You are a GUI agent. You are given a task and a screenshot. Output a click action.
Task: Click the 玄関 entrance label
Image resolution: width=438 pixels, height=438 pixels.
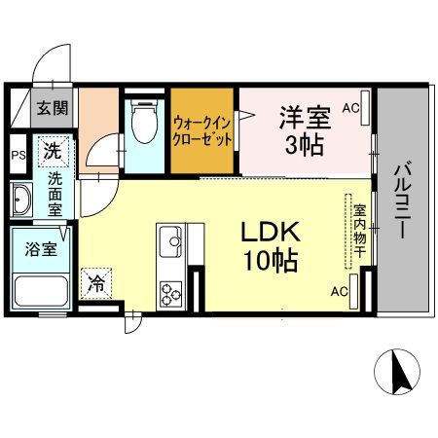pyautogui.click(x=53, y=108)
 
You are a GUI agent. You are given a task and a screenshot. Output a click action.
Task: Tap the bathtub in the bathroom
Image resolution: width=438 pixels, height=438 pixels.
pyautogui.click(x=39, y=289)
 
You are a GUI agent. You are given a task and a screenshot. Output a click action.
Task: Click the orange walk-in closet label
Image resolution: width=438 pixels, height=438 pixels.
pyautogui.click(x=203, y=130)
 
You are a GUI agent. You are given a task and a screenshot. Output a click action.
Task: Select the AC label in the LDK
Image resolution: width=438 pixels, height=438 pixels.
pyautogui.click(x=341, y=291)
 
